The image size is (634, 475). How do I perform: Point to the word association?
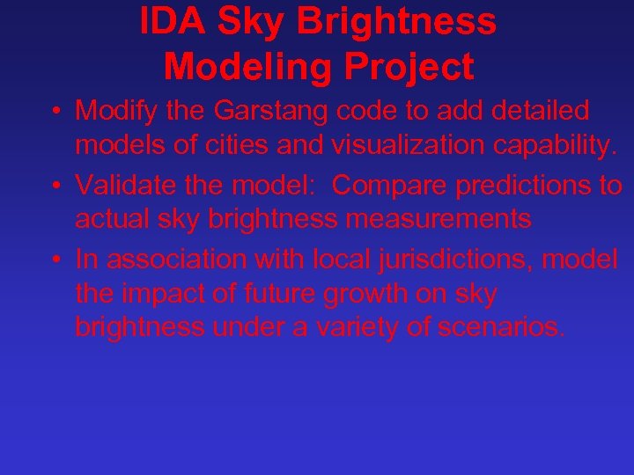[x=173, y=259]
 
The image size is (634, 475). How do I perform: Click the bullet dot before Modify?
[x=55, y=113]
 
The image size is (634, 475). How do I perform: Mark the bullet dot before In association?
[x=55, y=259]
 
